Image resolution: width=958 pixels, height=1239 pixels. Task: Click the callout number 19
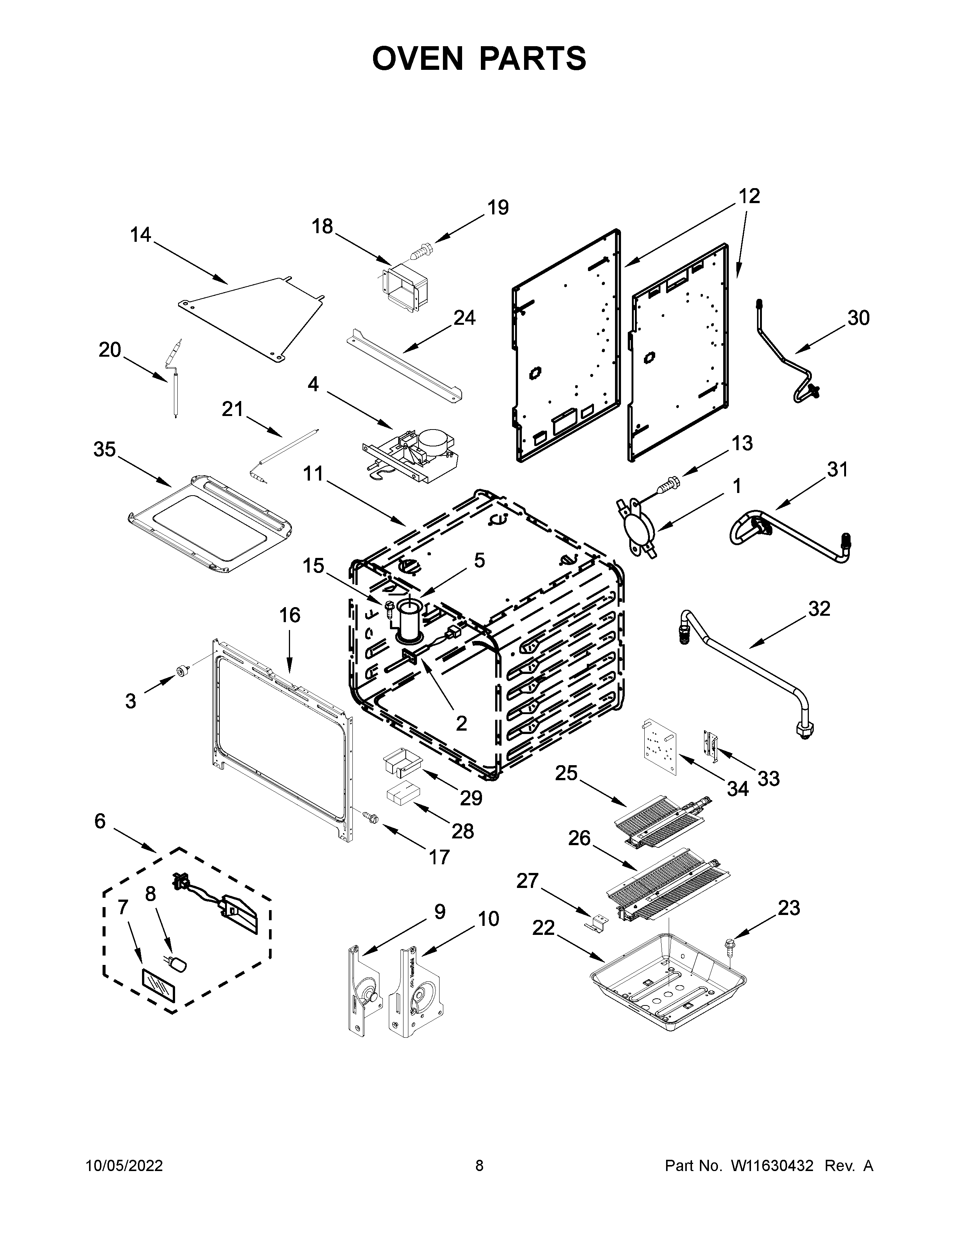(498, 208)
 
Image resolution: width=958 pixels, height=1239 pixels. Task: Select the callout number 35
(104, 449)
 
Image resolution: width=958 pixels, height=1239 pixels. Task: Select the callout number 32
(819, 609)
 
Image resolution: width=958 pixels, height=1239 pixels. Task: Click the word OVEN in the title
(418, 59)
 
